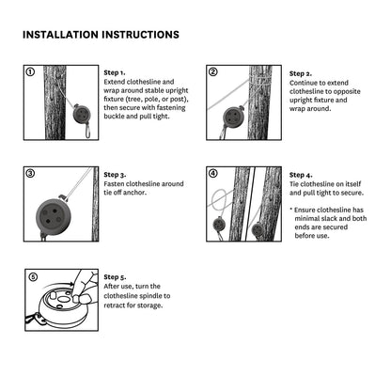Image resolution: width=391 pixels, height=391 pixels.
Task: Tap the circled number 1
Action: point(30,72)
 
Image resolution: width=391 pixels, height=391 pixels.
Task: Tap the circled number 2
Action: point(212,72)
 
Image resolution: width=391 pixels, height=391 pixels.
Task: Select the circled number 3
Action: point(30,173)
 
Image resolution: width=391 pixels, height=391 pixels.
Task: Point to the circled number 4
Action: point(212,173)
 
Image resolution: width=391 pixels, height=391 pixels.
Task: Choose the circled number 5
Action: point(33,277)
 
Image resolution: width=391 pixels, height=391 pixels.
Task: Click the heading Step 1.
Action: point(115,73)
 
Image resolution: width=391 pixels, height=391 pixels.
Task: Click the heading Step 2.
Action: point(301,73)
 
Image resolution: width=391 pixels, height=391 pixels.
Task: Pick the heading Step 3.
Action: point(115,175)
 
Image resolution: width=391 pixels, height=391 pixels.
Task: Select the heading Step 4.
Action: point(301,175)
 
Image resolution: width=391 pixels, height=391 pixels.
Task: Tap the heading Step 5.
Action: point(115,277)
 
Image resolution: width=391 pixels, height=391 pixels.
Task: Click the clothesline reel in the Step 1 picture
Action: point(82,114)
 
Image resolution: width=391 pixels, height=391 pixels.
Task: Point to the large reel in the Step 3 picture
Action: point(54,216)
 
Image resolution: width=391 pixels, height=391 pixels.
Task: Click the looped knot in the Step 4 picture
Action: point(222,199)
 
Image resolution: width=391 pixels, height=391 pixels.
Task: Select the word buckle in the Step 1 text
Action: point(115,117)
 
